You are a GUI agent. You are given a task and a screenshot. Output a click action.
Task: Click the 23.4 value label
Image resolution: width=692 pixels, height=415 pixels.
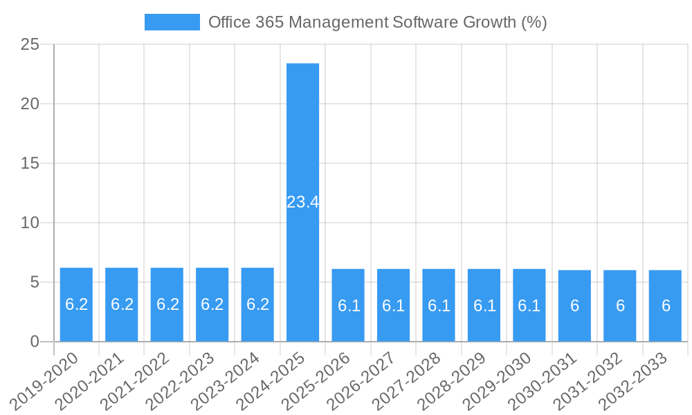[x=303, y=202]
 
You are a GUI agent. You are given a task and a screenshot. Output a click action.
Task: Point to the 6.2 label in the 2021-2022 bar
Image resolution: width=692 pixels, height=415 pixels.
[x=167, y=304]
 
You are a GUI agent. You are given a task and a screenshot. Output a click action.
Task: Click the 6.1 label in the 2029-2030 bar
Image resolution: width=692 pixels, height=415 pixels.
[x=529, y=306]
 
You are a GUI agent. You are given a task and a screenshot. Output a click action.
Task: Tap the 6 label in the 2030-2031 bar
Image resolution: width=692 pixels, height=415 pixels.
[x=574, y=306]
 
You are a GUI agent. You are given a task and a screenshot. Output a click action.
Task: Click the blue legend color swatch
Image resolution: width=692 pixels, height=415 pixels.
[x=172, y=22]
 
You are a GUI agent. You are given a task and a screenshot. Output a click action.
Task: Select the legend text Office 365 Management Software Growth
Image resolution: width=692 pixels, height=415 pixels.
[x=377, y=22]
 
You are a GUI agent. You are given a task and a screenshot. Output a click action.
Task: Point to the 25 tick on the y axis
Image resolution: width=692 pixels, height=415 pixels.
[x=30, y=45]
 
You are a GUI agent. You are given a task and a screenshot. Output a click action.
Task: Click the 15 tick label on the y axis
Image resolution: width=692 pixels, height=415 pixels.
[x=30, y=164]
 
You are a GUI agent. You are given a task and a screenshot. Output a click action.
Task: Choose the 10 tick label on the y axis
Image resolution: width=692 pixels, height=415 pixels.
[x=30, y=223]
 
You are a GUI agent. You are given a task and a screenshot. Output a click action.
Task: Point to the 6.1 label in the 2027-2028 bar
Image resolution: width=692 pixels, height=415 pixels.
[x=439, y=306]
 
